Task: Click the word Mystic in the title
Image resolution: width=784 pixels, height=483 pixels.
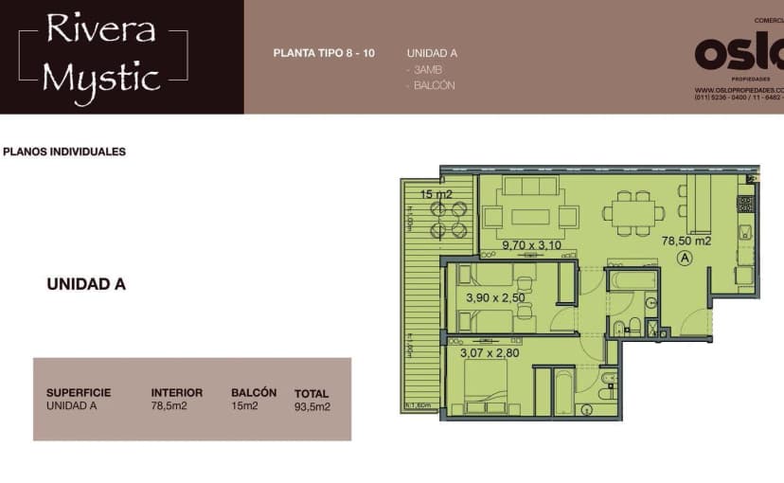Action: pyautogui.click(x=101, y=77)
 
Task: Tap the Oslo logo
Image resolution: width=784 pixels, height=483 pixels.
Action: pyautogui.click(x=739, y=55)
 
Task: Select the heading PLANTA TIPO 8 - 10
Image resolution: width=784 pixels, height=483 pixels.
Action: pyautogui.click(x=324, y=53)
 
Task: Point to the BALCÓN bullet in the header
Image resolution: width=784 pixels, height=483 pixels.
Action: pyautogui.click(x=434, y=85)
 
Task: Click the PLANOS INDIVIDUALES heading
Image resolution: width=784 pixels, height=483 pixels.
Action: pyautogui.click(x=64, y=152)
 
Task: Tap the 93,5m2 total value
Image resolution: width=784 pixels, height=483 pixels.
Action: pyautogui.click(x=312, y=407)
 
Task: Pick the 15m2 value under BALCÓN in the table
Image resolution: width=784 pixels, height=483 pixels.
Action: pyautogui.click(x=244, y=406)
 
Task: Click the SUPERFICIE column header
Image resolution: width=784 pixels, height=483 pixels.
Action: pyautogui.click(x=79, y=392)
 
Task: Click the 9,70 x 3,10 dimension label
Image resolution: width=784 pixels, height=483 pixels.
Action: pyautogui.click(x=531, y=244)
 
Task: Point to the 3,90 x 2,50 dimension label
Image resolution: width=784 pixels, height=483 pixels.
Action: pyautogui.click(x=495, y=297)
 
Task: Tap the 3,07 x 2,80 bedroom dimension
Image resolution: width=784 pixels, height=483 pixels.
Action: pyautogui.click(x=490, y=353)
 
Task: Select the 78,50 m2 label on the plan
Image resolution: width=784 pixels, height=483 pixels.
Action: pyautogui.click(x=686, y=241)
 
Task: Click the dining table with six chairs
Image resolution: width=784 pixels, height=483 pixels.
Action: pyautogui.click(x=631, y=212)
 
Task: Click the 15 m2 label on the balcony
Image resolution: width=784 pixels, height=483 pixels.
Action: pyautogui.click(x=437, y=194)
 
